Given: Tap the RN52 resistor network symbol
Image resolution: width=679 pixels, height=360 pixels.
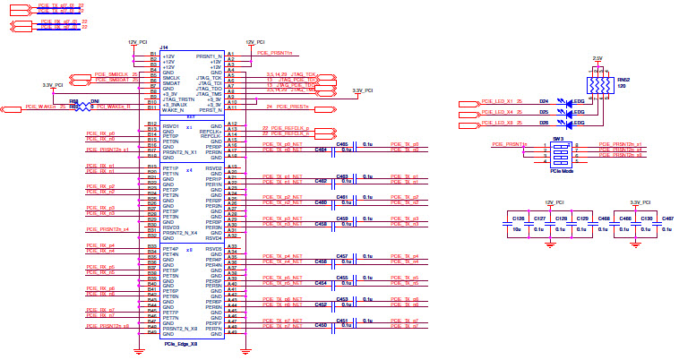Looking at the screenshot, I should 597,85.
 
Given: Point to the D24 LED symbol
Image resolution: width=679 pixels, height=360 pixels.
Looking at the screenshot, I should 562,101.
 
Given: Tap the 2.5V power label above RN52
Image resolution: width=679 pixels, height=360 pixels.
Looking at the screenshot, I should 597,58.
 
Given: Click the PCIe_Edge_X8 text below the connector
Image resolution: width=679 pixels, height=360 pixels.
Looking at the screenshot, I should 182,344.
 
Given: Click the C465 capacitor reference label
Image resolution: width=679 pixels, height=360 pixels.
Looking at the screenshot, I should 341,143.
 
